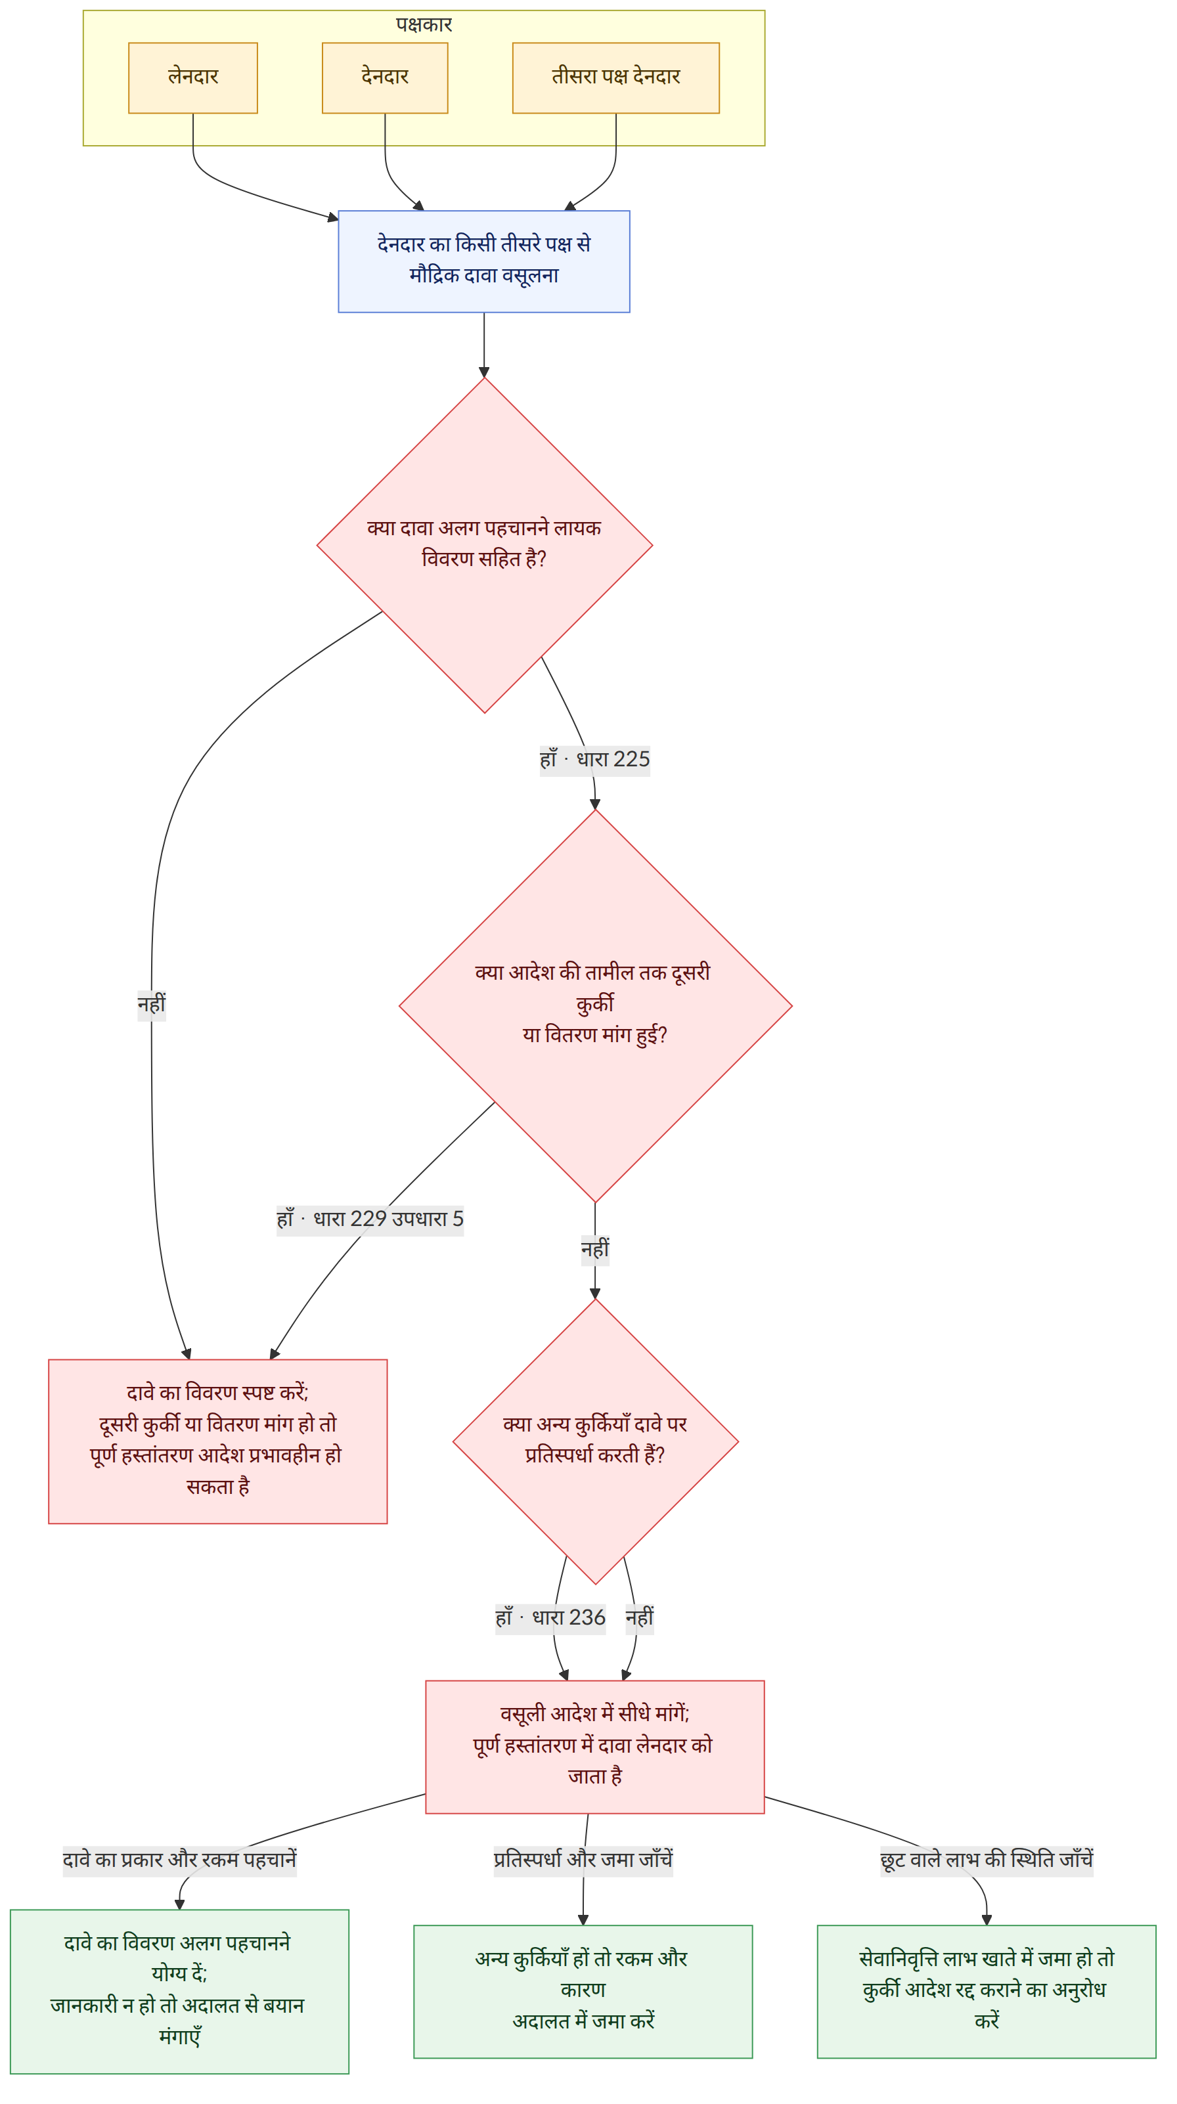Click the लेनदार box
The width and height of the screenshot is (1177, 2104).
click(x=192, y=77)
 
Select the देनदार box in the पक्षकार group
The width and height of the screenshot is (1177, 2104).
click(x=385, y=77)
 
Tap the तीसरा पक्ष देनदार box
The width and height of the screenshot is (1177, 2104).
click(x=616, y=77)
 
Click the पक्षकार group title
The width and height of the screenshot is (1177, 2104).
click(x=424, y=24)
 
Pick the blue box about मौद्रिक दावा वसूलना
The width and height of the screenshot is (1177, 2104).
click(x=483, y=261)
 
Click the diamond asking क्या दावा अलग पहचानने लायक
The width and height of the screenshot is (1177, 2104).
click(x=484, y=545)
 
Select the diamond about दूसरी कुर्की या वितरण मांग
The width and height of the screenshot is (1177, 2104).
click(x=596, y=1005)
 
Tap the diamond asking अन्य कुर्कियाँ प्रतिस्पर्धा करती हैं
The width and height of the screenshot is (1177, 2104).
click(x=596, y=1441)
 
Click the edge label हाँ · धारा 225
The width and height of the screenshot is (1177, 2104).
click(x=594, y=760)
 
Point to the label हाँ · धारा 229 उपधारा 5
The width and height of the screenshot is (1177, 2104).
click(x=370, y=1219)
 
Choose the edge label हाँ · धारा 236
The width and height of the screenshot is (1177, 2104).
click(x=550, y=1618)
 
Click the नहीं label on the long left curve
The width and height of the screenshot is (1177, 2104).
click(x=151, y=1004)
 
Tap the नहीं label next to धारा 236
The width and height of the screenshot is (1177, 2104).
click(x=640, y=1618)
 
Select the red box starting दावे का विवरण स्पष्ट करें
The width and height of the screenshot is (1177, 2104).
click(x=218, y=1441)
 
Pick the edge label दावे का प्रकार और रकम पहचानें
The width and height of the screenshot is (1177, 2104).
click(x=180, y=1860)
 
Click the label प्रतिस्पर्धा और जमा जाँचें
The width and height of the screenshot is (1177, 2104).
click(x=583, y=1860)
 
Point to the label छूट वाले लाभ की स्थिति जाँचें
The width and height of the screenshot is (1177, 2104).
click(x=987, y=1860)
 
